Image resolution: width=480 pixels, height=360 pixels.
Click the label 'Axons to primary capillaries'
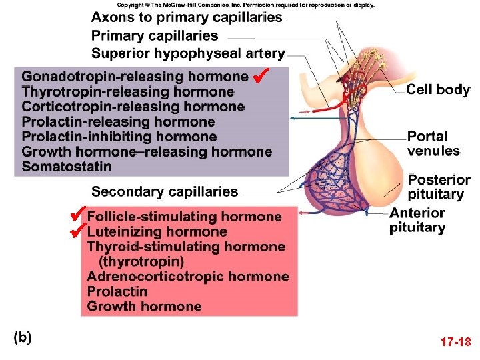(187, 17)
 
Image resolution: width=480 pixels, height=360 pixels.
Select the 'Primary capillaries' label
(155, 35)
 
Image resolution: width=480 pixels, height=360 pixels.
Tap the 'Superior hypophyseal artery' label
(188, 53)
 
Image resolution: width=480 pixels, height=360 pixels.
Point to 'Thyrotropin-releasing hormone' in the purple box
(127, 91)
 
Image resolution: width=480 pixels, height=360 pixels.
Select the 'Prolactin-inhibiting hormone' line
(119, 137)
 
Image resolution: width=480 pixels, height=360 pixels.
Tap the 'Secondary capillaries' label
(165, 192)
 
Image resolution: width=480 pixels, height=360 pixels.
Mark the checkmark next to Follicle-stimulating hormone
(79, 214)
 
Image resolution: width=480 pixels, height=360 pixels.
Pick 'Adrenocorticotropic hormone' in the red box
(188, 276)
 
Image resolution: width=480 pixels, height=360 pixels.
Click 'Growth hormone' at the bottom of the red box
(144, 307)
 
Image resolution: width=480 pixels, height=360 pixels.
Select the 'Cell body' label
(438, 90)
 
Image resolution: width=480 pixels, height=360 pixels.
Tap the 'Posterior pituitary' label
(439, 187)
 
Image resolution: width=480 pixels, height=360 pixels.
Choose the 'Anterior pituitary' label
(417, 221)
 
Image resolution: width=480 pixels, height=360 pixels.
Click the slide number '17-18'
(456, 343)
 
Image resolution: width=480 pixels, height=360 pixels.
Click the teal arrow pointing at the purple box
(313, 117)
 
